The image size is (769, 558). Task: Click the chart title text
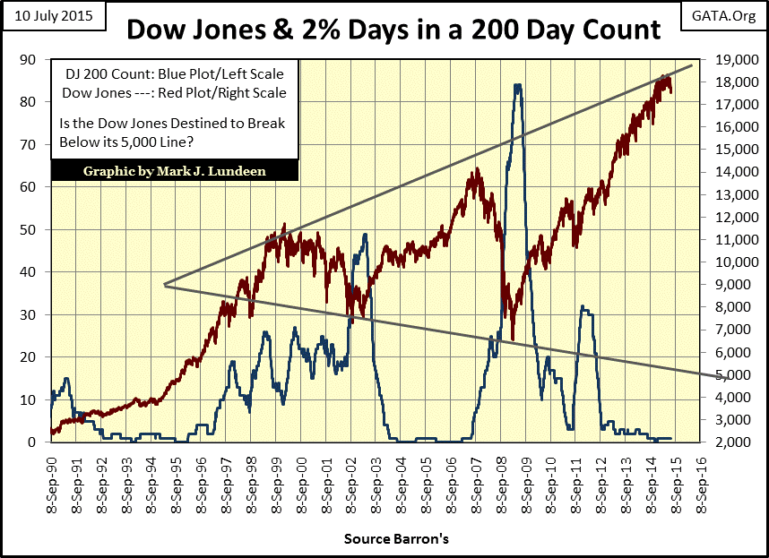(x=393, y=30)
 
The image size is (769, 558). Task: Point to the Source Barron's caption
(x=395, y=540)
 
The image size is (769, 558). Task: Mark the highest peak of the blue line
(x=517, y=85)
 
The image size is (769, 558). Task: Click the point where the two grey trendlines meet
(x=165, y=285)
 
